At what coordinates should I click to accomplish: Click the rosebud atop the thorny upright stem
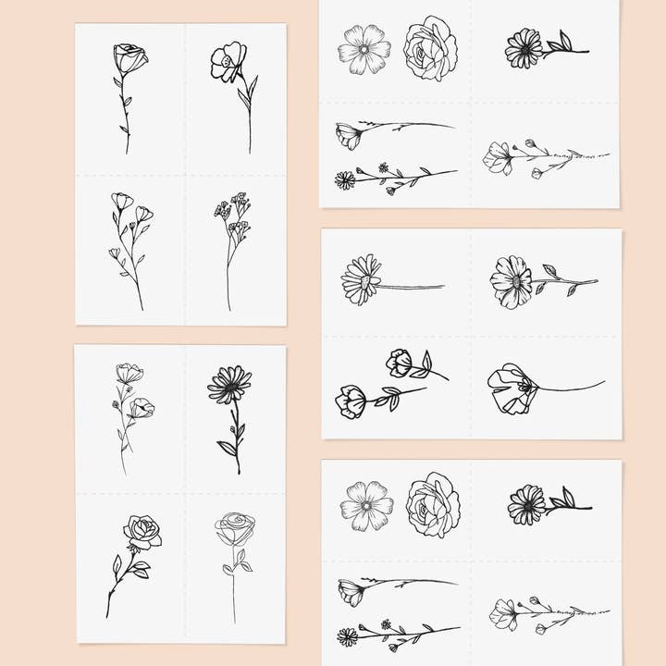pos(129,57)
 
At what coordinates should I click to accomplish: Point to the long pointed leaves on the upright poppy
pos(250,92)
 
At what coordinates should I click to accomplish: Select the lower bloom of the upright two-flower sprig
pos(141,408)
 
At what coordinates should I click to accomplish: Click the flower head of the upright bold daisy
pos(228,386)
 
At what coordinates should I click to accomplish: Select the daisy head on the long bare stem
pos(361,279)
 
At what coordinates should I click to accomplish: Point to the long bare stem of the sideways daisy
pos(412,287)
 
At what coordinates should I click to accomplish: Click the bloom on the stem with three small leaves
pos(512,281)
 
